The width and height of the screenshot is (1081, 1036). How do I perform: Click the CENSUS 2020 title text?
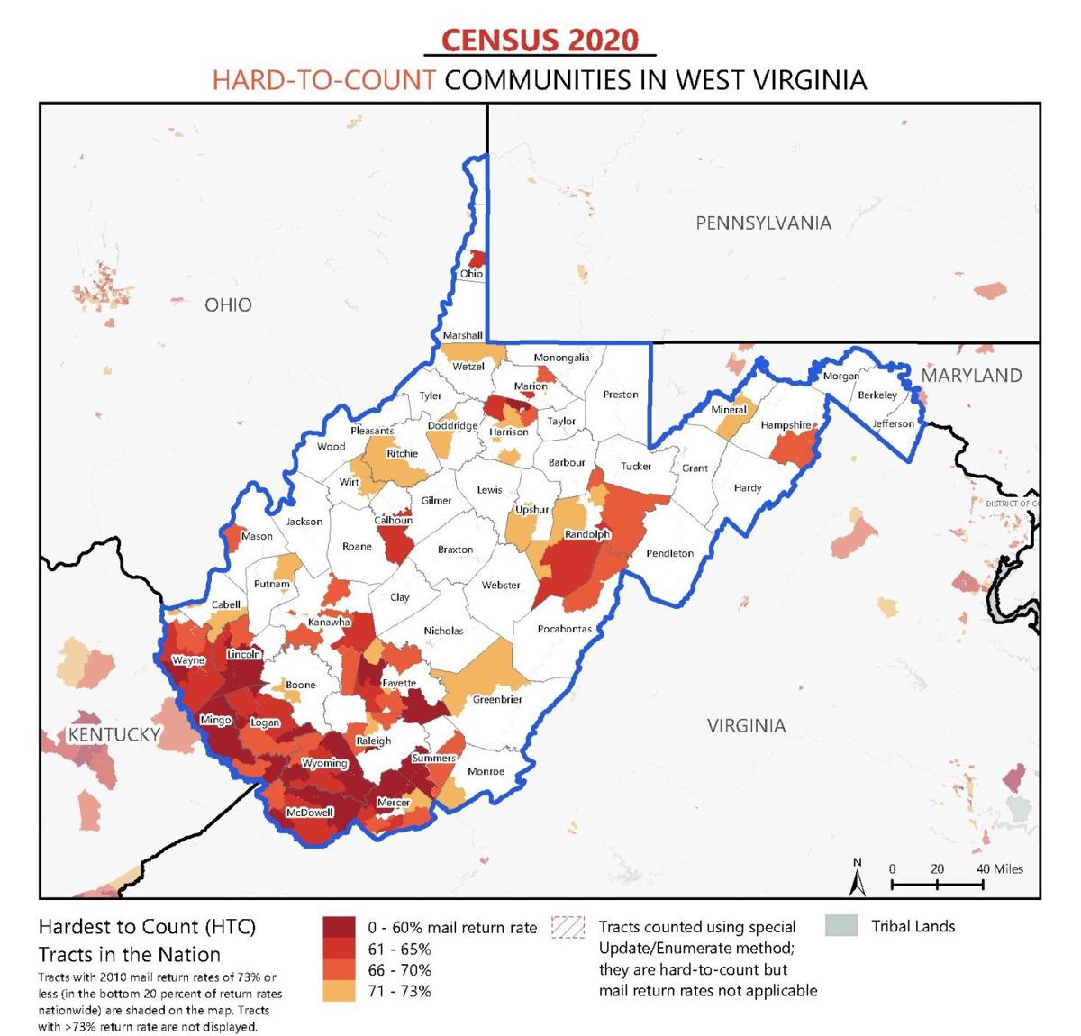(540, 41)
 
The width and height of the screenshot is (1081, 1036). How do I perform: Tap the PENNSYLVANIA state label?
(763, 223)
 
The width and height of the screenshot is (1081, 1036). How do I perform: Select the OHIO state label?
(228, 304)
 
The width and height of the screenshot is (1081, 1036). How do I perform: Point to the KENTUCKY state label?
(114, 734)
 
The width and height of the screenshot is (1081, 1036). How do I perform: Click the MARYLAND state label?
(971, 375)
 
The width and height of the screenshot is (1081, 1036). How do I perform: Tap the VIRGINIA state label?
(746, 725)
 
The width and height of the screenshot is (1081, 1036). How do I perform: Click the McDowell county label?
(309, 813)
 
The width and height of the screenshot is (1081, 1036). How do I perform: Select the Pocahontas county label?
(565, 629)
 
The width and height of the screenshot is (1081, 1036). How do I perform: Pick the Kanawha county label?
(329, 622)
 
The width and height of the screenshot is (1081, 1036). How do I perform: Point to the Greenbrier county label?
(497, 699)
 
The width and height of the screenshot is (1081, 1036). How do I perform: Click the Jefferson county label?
(893, 423)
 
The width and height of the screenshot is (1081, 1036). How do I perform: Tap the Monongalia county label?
(561, 358)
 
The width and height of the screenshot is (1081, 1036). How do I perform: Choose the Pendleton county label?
(669, 553)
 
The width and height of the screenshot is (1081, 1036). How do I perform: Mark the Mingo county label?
(215, 720)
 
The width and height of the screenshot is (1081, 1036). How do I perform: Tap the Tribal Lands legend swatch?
(840, 926)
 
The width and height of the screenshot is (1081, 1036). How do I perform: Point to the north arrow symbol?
(858, 878)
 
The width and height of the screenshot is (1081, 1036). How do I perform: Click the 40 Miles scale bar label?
(1000, 868)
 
